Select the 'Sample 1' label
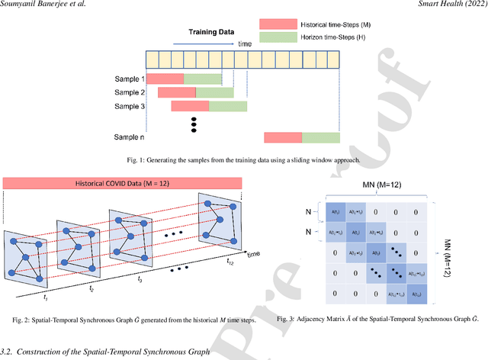[x=126, y=78]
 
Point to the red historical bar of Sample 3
[x=189, y=106]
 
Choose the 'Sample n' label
[x=126, y=137]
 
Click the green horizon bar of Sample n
[x=320, y=137]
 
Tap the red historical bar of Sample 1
[x=165, y=78]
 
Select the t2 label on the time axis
[x=91, y=290]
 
